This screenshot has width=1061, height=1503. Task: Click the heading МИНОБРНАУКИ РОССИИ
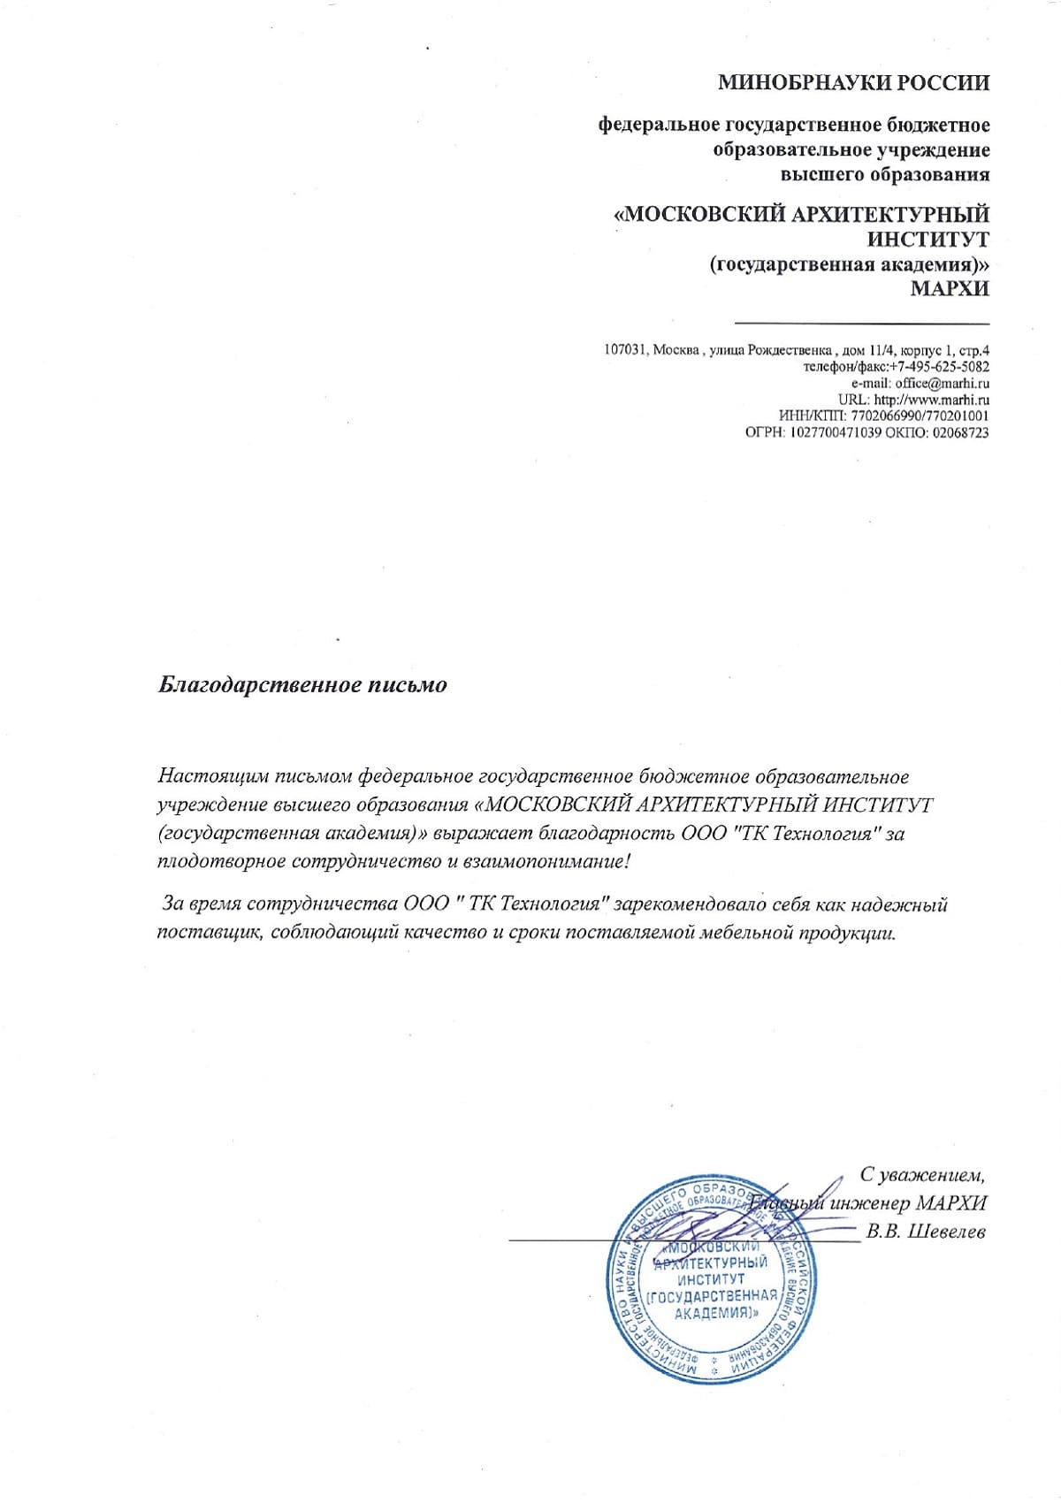coord(853,84)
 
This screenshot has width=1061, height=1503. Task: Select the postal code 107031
coord(625,350)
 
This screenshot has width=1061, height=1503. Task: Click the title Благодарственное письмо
coord(302,685)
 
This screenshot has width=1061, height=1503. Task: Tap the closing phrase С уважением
coord(922,1175)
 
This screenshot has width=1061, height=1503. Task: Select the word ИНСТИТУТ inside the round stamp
coord(711,1279)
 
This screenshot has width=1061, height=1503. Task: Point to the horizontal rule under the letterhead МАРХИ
coord(862,324)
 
